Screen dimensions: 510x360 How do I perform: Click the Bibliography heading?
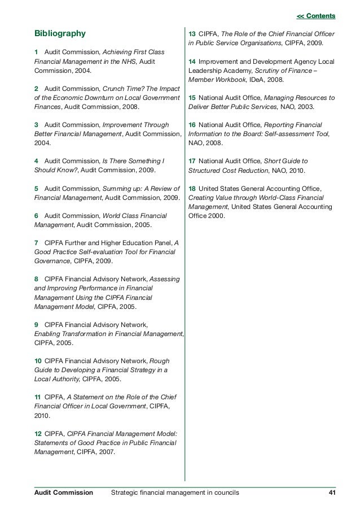(x=60, y=33)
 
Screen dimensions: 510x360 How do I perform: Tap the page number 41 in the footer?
(x=331, y=492)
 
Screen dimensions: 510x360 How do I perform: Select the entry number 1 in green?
(x=36, y=52)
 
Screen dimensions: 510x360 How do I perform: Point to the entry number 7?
(x=37, y=243)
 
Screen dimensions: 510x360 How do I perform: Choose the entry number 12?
(x=38, y=434)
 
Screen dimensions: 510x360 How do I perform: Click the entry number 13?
(x=192, y=33)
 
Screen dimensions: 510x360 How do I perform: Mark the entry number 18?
(x=192, y=188)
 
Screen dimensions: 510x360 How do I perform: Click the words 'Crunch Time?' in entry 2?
(x=122, y=89)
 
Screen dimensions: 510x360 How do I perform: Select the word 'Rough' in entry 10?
(x=159, y=360)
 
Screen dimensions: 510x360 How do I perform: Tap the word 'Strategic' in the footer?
(x=126, y=492)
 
